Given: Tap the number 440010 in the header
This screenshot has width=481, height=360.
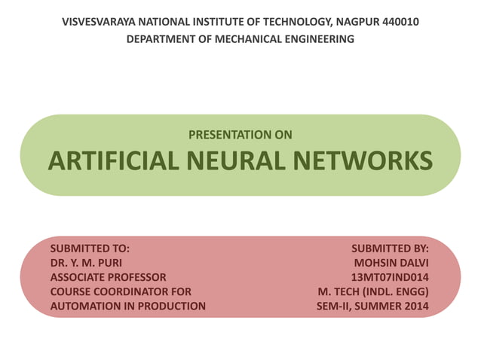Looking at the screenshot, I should click(x=399, y=22).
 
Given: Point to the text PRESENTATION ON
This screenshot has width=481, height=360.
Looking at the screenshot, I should click(x=240, y=136).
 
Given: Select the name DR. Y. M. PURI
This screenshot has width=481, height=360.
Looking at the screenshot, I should click(x=85, y=263).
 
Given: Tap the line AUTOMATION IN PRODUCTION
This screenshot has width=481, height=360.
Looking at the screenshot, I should click(x=127, y=306).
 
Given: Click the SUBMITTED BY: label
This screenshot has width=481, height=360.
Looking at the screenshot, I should click(x=390, y=248).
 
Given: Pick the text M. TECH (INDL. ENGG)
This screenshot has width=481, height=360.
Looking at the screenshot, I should click(x=373, y=291).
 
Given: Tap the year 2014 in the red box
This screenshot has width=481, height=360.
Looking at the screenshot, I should click(x=414, y=306).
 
